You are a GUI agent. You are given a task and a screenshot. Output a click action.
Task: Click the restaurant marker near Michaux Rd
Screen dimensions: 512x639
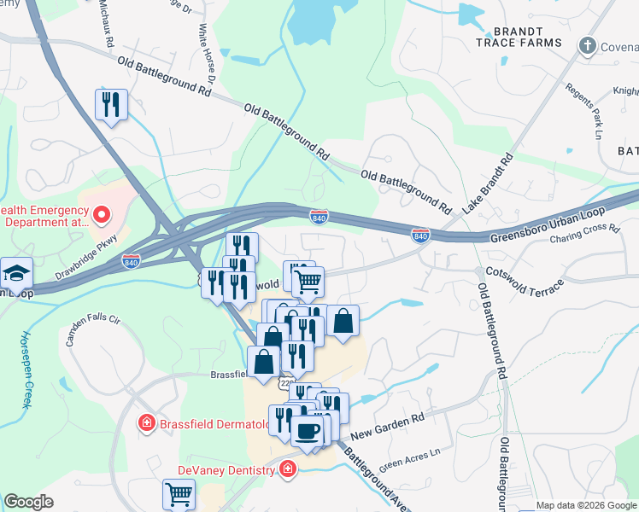(111, 105)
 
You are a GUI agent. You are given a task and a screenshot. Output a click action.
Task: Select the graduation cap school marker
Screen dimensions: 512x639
(16, 274)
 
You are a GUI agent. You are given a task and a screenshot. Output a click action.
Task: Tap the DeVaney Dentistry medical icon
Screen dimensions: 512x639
(288, 469)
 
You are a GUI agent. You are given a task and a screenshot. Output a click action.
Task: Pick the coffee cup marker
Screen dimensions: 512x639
(308, 430)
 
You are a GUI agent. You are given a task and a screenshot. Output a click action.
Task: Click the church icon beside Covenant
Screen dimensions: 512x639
(587, 44)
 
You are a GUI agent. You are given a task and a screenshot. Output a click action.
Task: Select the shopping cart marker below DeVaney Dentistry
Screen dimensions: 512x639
(179, 494)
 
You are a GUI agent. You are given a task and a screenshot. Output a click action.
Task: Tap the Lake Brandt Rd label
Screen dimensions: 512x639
(490, 182)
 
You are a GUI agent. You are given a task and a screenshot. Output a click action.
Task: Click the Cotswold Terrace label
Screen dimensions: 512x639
(524, 280)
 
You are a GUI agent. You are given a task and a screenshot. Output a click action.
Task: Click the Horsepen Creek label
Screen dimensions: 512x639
(25, 370)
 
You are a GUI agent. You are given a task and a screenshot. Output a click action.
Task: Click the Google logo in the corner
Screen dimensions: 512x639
(29, 502)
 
